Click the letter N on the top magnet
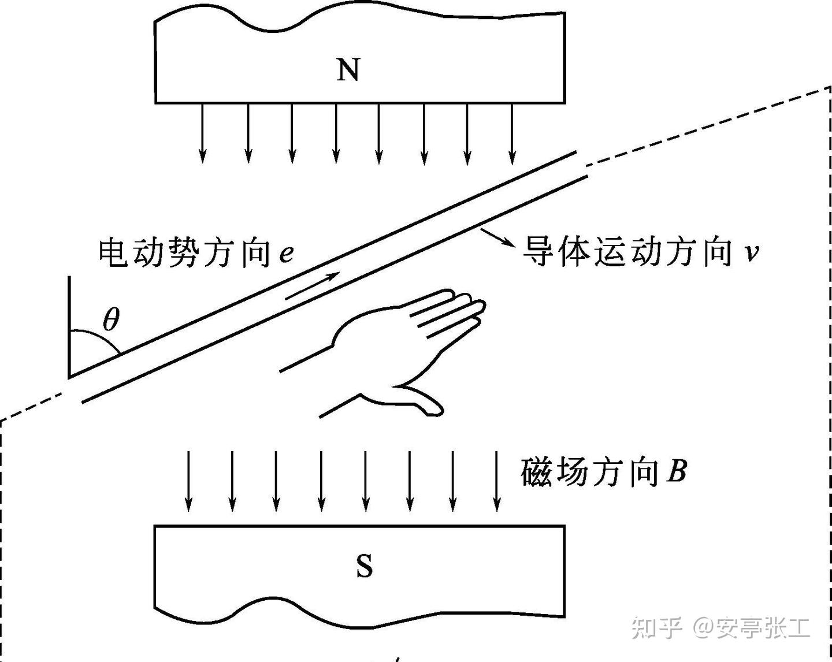point(348,70)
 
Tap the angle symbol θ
point(111,319)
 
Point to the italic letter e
point(285,254)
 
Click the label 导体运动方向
point(627,252)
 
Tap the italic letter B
point(676,471)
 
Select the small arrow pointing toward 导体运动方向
point(496,238)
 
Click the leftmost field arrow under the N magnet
point(202,133)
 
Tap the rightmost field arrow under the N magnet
point(512,133)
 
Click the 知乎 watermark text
point(657,627)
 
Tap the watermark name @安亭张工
point(751,627)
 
